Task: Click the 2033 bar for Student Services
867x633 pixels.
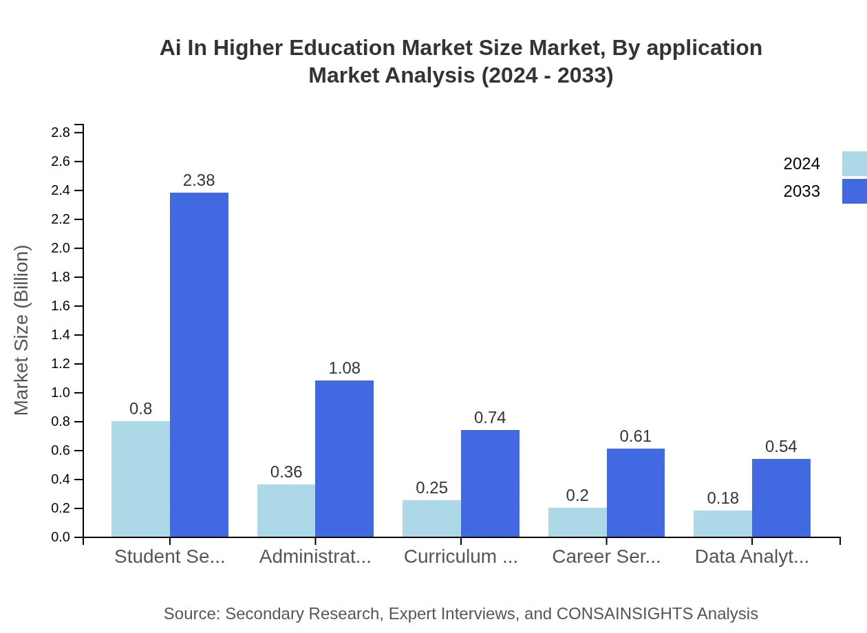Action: (199, 365)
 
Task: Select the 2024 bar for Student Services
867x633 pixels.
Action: (140, 479)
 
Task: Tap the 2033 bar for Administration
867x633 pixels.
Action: (344, 458)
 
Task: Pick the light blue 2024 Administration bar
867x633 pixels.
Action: (286, 511)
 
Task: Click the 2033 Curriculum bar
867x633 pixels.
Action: (490, 483)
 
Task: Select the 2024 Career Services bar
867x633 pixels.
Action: (577, 522)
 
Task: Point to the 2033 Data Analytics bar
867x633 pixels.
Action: (781, 497)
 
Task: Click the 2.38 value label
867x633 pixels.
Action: (199, 180)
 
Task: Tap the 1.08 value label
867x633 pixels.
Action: (344, 368)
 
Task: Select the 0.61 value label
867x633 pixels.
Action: (635, 436)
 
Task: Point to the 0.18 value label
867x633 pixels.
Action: (722, 498)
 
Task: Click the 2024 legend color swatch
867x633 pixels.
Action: (854, 164)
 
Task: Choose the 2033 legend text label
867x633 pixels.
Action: (802, 191)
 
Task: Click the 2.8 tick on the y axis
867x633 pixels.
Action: (61, 132)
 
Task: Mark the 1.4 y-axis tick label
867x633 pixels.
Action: (61, 335)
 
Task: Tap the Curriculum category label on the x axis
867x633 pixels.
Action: (460, 557)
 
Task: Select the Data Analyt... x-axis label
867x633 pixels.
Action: (751, 557)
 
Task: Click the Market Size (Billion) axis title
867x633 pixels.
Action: (22, 330)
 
